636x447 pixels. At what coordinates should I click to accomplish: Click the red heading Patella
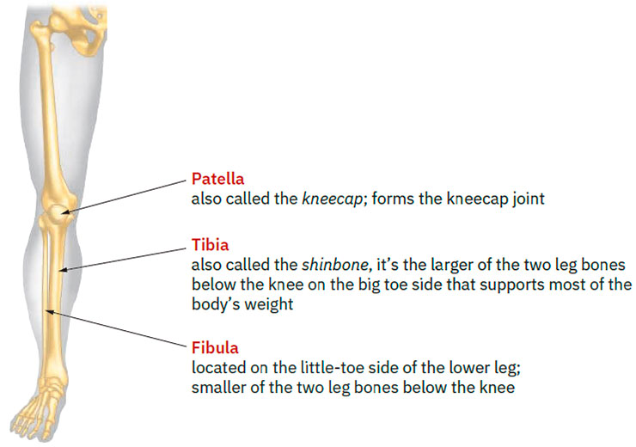pyautogui.click(x=217, y=179)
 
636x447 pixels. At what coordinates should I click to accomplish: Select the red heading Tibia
pyautogui.click(x=210, y=245)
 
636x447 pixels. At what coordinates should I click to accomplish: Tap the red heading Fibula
pyautogui.click(x=215, y=348)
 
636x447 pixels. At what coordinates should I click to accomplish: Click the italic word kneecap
pyautogui.click(x=333, y=199)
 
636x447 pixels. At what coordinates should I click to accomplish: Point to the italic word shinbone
pyautogui.click(x=335, y=265)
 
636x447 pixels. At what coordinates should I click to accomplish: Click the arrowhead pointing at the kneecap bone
pyautogui.click(x=66, y=211)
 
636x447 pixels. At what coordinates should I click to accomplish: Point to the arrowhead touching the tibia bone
pyautogui.click(x=63, y=270)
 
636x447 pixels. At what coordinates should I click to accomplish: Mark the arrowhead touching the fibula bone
pyautogui.click(x=50, y=311)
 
